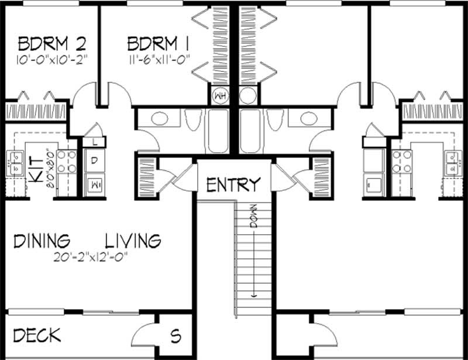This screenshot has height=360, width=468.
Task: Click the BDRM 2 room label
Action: point(52,44)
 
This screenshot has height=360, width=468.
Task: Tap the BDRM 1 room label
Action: point(158,44)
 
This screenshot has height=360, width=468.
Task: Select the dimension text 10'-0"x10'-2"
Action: point(52,60)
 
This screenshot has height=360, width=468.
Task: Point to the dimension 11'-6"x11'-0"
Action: point(160,60)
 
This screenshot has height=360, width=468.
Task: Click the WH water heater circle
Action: point(221,96)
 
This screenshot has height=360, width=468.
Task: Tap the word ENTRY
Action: point(233,184)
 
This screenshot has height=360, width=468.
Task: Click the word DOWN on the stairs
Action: point(254,216)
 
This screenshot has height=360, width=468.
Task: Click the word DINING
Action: point(42,241)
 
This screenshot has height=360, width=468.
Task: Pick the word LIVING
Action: point(133,241)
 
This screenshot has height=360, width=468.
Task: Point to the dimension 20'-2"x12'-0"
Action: point(91,257)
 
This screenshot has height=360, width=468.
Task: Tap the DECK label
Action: point(37,335)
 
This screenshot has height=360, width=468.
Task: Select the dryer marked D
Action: point(94,160)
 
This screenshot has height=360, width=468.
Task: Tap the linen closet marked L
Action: point(94,142)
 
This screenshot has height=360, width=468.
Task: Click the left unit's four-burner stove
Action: point(67,162)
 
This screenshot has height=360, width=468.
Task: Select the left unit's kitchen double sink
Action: point(15,163)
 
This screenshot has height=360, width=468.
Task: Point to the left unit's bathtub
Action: point(218,131)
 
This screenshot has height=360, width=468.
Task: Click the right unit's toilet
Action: point(275,119)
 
